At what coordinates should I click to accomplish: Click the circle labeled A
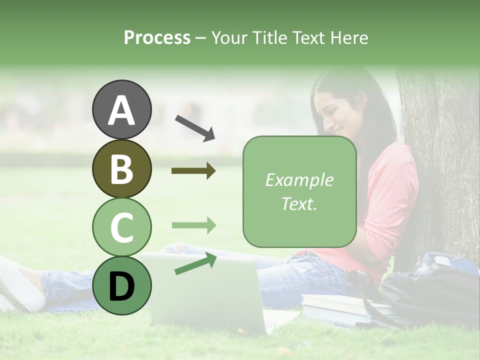click(x=122, y=109)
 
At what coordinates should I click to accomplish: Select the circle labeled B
click(x=122, y=168)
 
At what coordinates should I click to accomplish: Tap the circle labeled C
click(x=122, y=227)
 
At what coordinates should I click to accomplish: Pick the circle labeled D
click(x=122, y=285)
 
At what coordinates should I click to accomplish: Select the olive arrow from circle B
click(x=193, y=171)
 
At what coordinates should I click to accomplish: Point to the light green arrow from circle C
click(x=193, y=225)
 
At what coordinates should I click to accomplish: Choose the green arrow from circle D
click(x=195, y=264)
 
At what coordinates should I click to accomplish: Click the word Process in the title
click(x=157, y=37)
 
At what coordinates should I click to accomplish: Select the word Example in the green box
click(x=299, y=180)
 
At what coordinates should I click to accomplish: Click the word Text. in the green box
click(x=299, y=203)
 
